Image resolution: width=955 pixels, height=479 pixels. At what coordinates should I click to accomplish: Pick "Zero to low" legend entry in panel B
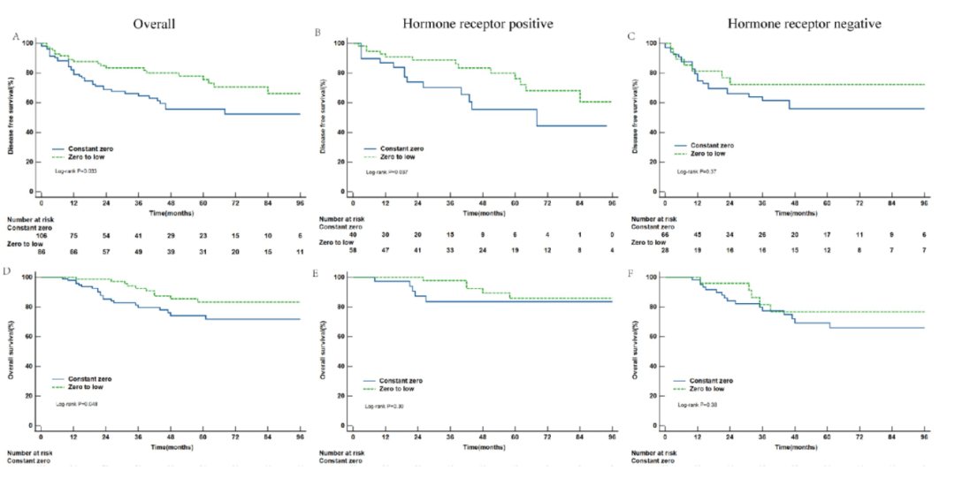coord(400,156)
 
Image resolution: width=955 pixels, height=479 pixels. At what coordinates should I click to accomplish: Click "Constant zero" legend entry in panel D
coord(88,378)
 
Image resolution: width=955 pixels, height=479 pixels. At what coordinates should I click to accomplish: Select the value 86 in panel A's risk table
coord(41,254)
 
